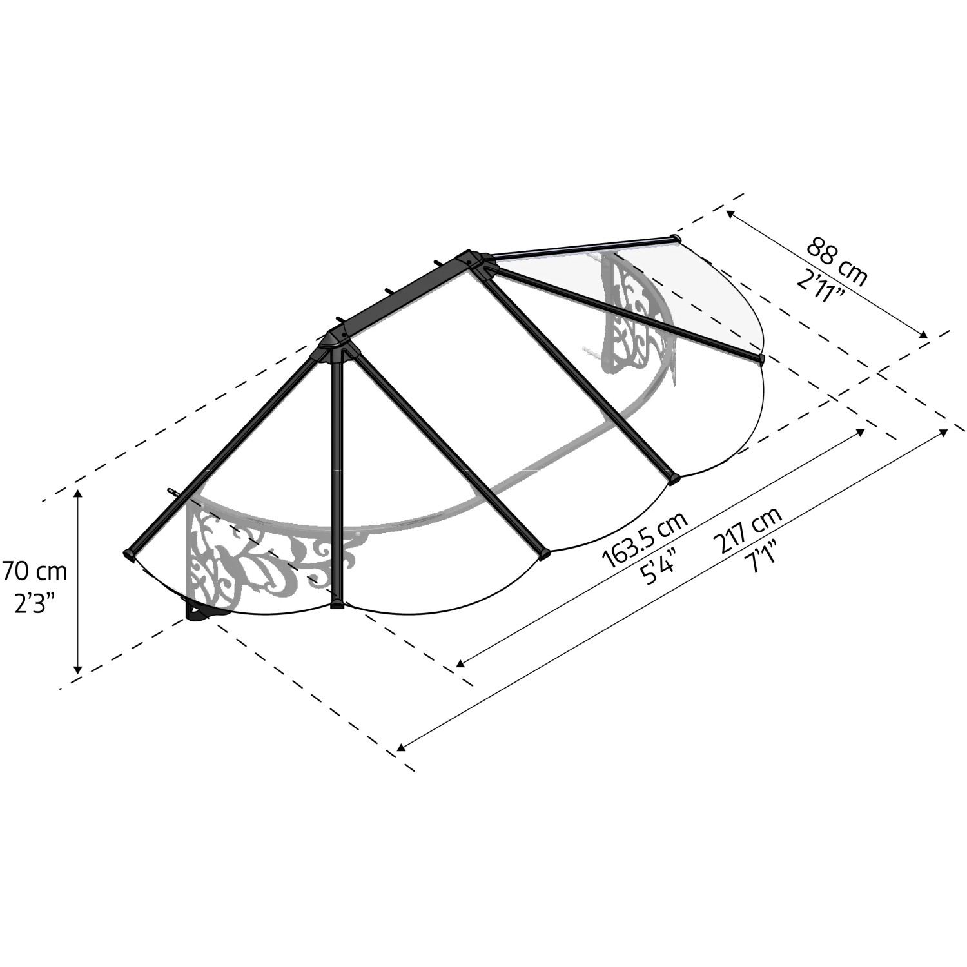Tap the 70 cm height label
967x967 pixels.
34,571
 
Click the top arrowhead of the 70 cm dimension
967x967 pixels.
79,494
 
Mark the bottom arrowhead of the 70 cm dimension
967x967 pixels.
78,669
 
